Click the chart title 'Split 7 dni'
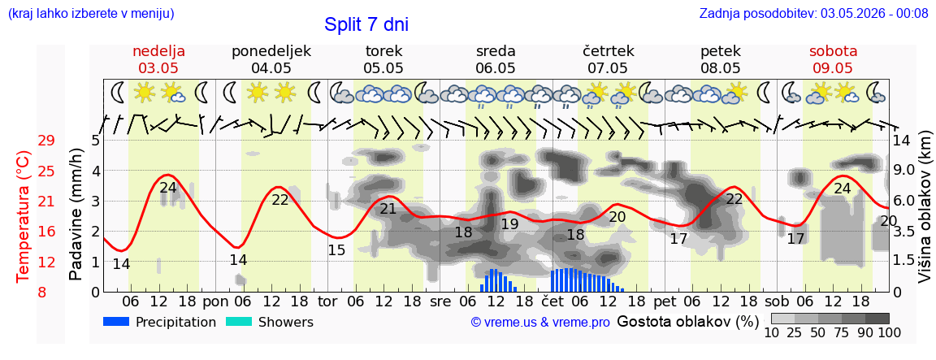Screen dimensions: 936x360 (366, 24)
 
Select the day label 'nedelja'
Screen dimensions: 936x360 (158, 50)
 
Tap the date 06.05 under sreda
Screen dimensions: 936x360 (496, 68)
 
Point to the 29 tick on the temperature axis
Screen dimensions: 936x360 (46, 141)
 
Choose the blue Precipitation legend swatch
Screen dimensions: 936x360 (116, 322)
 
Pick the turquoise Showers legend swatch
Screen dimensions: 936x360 (239, 322)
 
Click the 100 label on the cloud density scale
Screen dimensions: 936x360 (889, 332)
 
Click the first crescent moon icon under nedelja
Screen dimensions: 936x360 (118, 92)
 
